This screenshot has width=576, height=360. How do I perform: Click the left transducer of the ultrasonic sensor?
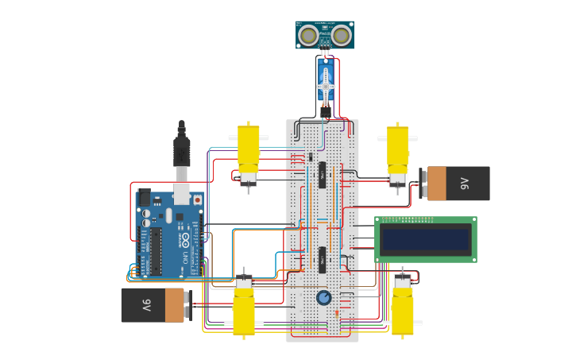[x=307, y=35]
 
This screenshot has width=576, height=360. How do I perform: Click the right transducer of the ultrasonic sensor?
[x=342, y=35]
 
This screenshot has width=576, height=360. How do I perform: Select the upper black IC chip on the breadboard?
[x=323, y=175]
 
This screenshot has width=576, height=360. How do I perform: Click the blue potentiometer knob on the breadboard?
[x=323, y=298]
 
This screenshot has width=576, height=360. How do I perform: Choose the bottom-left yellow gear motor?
[x=243, y=310]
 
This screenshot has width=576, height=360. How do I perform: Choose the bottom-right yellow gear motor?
[x=403, y=310]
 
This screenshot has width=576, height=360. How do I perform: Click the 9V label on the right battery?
[x=465, y=184]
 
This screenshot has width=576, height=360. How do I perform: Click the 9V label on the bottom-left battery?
[x=147, y=305]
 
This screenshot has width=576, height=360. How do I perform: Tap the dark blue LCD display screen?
[x=425, y=239]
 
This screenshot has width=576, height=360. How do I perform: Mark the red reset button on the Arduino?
[x=197, y=200]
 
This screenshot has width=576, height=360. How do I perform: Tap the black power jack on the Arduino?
[x=145, y=197]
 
